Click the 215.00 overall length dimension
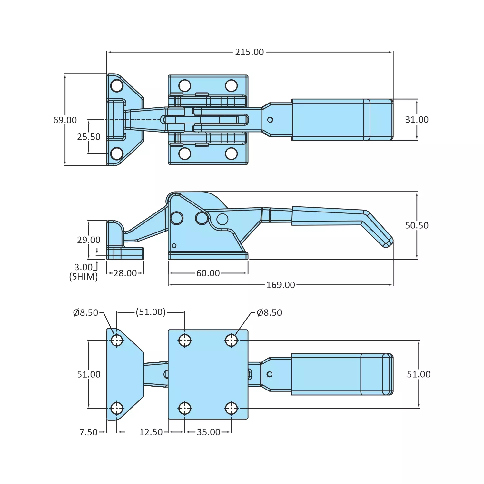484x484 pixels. [249, 52]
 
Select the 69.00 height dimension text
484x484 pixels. [65, 120]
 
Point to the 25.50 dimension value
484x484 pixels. [89, 137]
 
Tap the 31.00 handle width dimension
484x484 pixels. [417, 120]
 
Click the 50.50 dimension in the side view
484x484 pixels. [417, 225]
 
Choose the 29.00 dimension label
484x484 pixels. [89, 240]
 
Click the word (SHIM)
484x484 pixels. [84, 277]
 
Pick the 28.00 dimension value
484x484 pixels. [125, 273]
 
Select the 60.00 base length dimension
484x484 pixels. [208, 273]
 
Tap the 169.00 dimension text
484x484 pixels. [280, 285]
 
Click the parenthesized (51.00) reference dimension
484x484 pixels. [151, 312]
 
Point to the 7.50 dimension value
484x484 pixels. [88, 432]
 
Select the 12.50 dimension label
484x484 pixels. [151, 432]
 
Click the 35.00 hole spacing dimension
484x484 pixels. [208, 432]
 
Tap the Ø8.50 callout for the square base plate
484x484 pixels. [269, 312]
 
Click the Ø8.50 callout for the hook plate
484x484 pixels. [85, 312]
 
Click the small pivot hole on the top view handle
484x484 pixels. [270, 120]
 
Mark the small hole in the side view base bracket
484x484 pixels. [174, 246]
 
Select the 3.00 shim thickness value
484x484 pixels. [84, 267]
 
